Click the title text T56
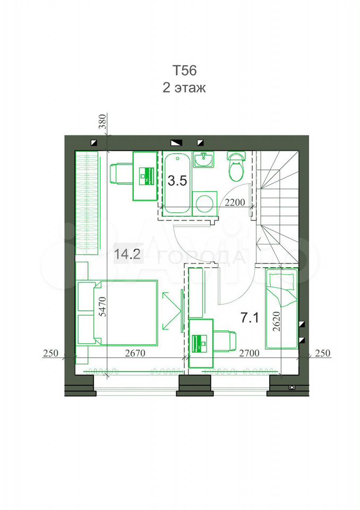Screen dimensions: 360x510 184,71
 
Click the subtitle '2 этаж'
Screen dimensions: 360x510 184,88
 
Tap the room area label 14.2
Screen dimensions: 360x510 127,254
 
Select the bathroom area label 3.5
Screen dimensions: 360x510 177,181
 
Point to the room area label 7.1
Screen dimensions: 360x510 250,318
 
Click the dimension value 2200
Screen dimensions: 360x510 235,202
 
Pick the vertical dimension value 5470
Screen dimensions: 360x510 103,306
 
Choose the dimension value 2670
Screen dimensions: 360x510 135,353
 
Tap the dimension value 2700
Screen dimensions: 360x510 250,353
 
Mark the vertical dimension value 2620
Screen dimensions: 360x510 277,321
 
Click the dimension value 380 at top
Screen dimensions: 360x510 102,122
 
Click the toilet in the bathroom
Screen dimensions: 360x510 236,166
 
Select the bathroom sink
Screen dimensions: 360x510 203,159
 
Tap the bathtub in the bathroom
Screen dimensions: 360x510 177,184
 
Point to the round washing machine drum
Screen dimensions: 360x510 204,203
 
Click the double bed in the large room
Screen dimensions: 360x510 118,313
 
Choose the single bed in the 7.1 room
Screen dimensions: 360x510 281,309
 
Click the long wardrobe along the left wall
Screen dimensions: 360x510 87,203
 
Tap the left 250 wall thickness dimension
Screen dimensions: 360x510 50,353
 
